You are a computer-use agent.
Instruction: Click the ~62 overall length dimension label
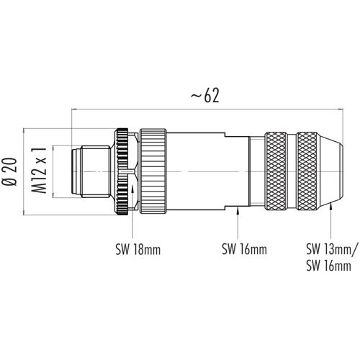point(205,96)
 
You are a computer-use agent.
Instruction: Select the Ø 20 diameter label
point(10,172)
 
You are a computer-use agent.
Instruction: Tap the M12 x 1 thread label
point(38,171)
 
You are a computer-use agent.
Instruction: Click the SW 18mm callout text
point(138,250)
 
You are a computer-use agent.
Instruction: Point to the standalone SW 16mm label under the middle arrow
point(244,249)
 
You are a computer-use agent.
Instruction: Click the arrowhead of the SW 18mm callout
point(132,188)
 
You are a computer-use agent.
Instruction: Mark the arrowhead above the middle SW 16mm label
point(238,210)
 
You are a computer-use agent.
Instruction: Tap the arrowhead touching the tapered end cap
point(331,206)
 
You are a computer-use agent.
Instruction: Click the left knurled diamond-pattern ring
point(276,171)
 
